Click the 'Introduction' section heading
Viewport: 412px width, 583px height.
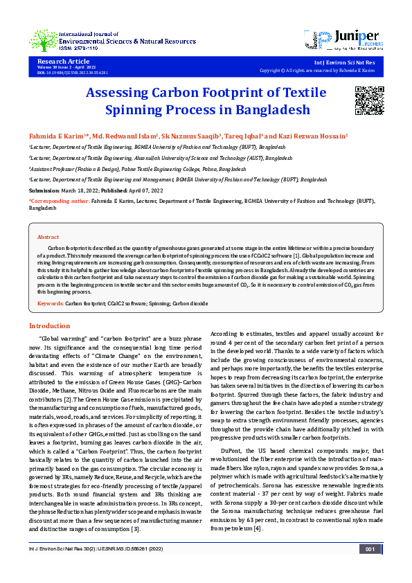(49, 325)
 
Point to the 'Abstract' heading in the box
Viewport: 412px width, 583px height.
(48, 236)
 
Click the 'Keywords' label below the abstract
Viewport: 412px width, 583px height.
(50, 303)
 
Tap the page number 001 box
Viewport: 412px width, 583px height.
(370, 568)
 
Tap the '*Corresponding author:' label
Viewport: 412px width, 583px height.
(60, 200)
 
